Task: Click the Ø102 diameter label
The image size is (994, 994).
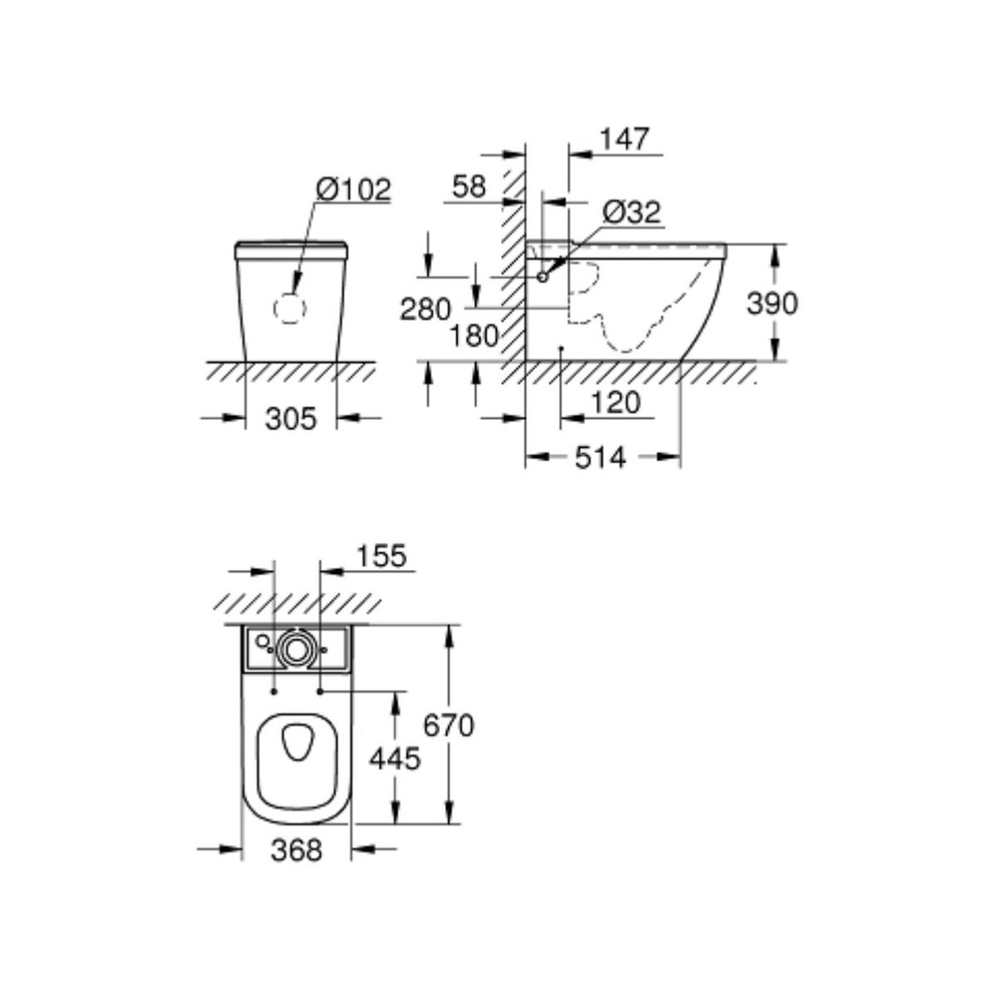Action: point(354,190)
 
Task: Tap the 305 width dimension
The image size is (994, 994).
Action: point(291,418)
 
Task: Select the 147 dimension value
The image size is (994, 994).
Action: point(625,139)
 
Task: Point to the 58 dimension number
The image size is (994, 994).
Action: point(469,186)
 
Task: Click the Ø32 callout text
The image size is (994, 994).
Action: point(632,212)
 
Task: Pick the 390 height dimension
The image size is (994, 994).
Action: point(772,303)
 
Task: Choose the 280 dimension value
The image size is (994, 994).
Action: point(426,310)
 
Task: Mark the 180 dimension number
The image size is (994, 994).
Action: point(474,336)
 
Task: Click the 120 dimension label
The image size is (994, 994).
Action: point(615,403)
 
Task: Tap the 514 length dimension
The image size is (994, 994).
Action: point(601,457)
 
